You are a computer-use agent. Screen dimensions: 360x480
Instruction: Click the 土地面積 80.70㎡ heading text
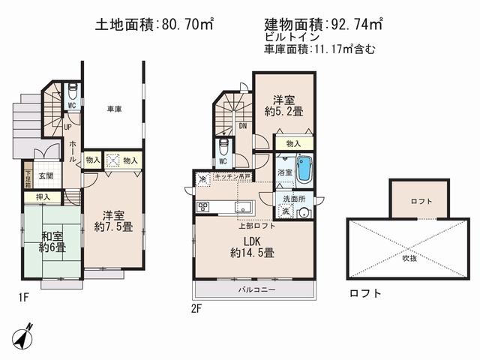pyautogui.click(x=154, y=24)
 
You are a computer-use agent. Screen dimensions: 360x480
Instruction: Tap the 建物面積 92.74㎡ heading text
pyautogui.click(x=324, y=24)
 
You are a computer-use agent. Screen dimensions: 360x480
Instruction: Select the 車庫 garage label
pyautogui.click(x=114, y=109)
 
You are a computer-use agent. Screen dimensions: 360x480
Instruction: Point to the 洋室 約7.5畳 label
pyautogui.click(x=113, y=217)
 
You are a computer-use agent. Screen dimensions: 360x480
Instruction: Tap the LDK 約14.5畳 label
pyautogui.click(x=252, y=246)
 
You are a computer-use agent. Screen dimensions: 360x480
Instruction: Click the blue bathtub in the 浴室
pyautogui.click(x=304, y=169)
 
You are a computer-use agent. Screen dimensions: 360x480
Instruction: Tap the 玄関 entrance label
pyautogui.click(x=46, y=176)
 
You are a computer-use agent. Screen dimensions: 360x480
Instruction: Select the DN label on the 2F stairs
pyautogui.click(x=243, y=127)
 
